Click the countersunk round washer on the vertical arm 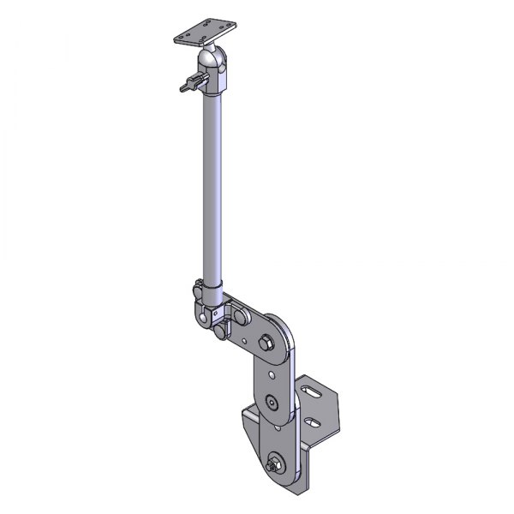point(272,403)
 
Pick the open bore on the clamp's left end point(206,319)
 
